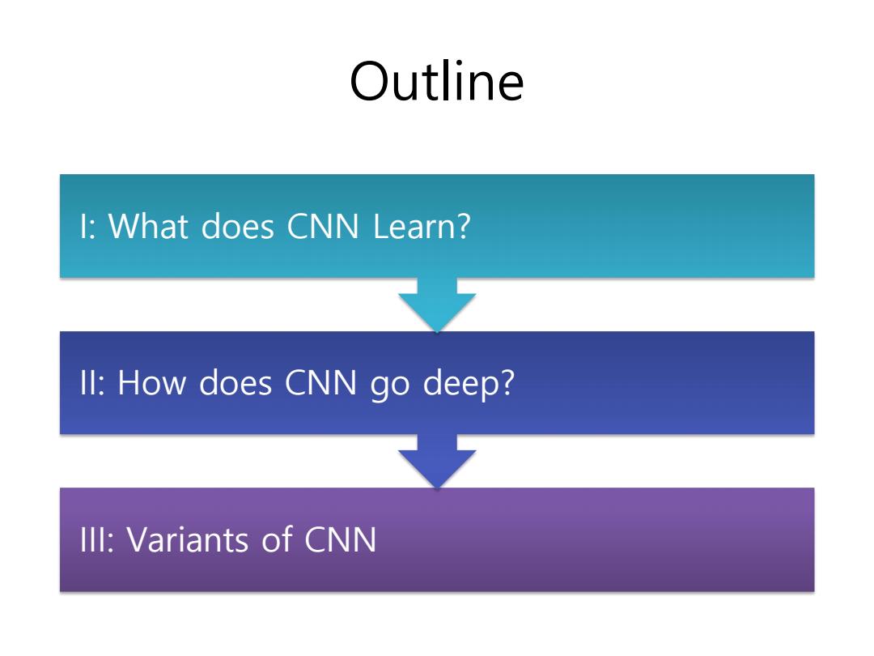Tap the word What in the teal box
click(x=148, y=226)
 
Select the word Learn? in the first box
click(x=422, y=226)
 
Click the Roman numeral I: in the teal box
click(x=88, y=227)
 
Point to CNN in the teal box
click(x=323, y=227)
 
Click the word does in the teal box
click(x=238, y=227)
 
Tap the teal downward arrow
click(x=437, y=305)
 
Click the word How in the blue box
click(x=151, y=382)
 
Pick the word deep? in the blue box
click(x=469, y=384)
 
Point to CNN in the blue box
click(x=320, y=383)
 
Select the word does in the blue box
click(x=235, y=382)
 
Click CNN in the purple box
click(x=341, y=540)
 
